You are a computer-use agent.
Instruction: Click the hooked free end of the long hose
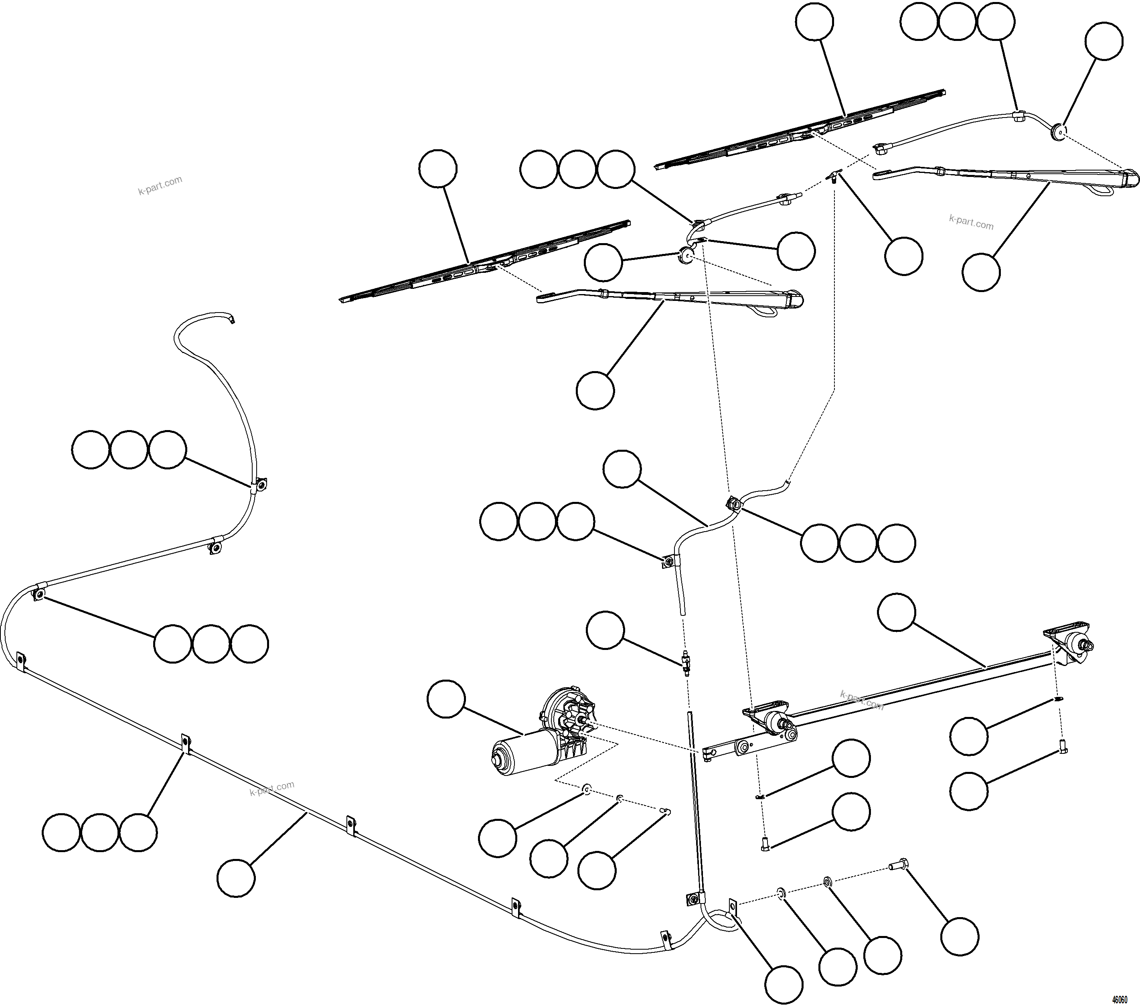[x=230, y=319]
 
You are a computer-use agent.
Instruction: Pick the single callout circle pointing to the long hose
[x=236, y=877]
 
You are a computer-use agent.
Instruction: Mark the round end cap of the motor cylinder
[x=498, y=760]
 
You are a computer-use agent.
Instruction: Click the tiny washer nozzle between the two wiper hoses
[x=833, y=177]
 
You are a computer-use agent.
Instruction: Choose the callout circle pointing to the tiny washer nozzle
[x=903, y=256]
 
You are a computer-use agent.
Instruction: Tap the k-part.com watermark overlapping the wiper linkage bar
[x=862, y=700]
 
